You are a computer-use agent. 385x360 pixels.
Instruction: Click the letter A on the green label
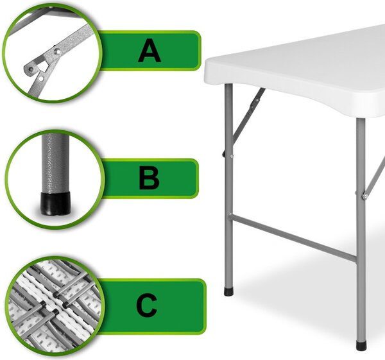150,51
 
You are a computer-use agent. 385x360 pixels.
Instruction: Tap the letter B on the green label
149,178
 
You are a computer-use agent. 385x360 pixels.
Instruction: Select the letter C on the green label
146,305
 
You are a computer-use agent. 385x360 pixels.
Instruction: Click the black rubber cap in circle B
55,203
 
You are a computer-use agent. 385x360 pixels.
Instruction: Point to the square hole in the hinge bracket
42,66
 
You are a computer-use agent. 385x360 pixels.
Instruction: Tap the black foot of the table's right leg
361,345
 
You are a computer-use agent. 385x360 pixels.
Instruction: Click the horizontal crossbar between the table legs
293,237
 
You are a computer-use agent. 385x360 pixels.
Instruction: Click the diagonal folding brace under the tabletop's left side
248,116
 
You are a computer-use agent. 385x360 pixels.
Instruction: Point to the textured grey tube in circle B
54,163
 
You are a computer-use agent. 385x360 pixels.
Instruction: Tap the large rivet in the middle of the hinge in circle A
58,51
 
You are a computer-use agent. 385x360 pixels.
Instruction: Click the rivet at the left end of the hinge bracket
30,69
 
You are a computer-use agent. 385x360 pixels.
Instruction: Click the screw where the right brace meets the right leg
364,196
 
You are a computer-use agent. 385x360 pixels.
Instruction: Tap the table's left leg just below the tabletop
228,98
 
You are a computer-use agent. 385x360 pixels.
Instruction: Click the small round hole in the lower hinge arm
41,78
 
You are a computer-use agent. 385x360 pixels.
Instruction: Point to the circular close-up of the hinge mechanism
52,53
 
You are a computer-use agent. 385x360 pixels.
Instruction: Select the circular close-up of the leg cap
55,179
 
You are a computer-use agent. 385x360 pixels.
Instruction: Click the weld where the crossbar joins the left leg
230,214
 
